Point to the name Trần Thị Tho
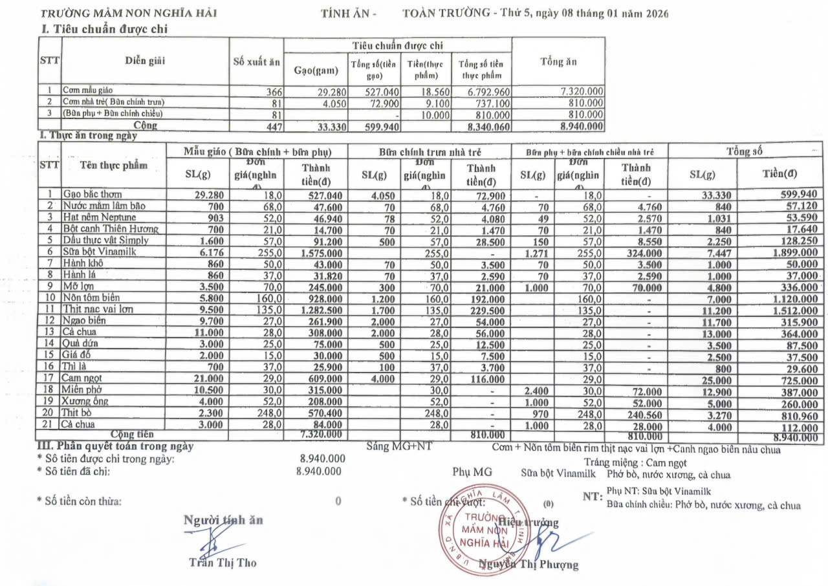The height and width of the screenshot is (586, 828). (x=223, y=562)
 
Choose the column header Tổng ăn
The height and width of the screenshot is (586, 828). (x=558, y=62)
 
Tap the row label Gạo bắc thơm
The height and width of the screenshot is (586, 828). (x=92, y=194)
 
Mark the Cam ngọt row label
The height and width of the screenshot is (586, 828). (x=82, y=378)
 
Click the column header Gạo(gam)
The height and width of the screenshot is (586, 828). (x=316, y=71)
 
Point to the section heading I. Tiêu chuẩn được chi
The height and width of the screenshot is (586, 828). (x=106, y=28)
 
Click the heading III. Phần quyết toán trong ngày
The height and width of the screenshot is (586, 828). (x=115, y=446)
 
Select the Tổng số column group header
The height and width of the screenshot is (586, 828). (x=744, y=151)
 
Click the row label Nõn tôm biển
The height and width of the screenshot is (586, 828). (x=91, y=298)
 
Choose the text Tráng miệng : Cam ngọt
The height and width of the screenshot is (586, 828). (x=635, y=462)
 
